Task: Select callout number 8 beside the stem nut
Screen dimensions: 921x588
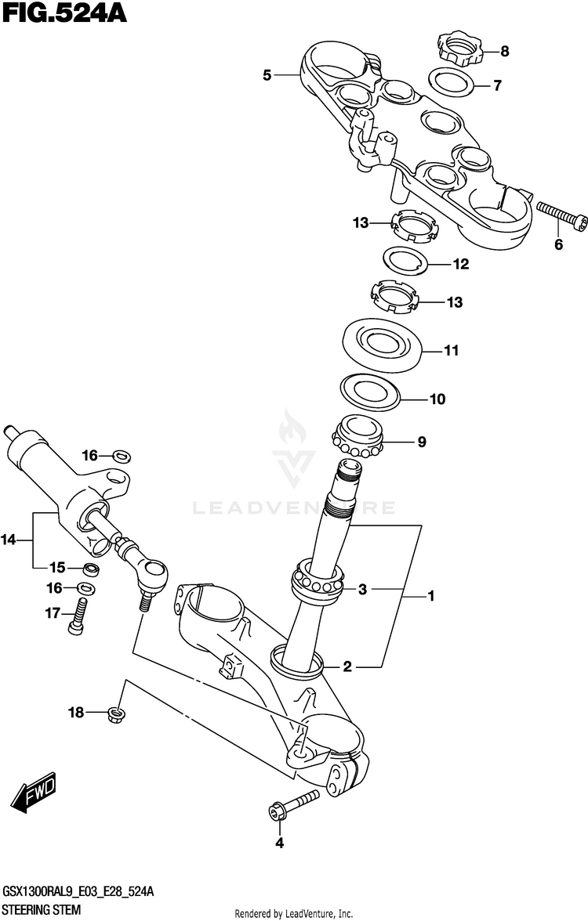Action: (504, 52)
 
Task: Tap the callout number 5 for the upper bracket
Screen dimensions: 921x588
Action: (267, 75)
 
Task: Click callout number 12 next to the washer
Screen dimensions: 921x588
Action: (460, 265)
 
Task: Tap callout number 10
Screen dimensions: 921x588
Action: (437, 399)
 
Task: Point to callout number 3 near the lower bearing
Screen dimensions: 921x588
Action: (362, 589)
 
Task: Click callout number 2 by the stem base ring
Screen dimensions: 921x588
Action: (347, 667)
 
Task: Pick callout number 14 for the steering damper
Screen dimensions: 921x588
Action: (9, 539)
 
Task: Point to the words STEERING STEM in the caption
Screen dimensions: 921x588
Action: (42, 911)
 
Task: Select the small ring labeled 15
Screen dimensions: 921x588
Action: (91, 568)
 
